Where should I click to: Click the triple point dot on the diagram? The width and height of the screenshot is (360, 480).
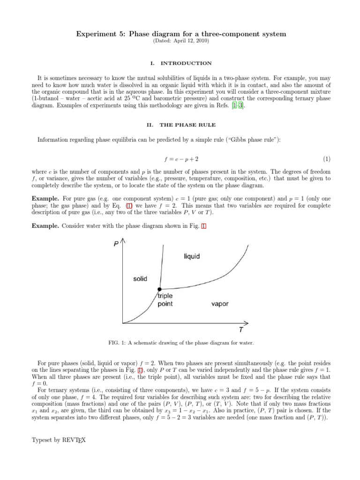click(159, 289)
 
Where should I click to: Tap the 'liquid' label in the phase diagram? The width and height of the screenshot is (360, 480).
click(191, 256)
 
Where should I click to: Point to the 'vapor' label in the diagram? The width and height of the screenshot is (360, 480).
click(220, 304)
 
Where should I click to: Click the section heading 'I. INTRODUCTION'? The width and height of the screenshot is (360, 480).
click(180, 63)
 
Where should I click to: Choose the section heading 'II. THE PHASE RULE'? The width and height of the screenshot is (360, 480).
click(180, 125)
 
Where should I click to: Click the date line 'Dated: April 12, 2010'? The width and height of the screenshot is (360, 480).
click(180, 41)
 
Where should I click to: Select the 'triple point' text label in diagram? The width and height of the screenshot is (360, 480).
click(165, 300)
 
